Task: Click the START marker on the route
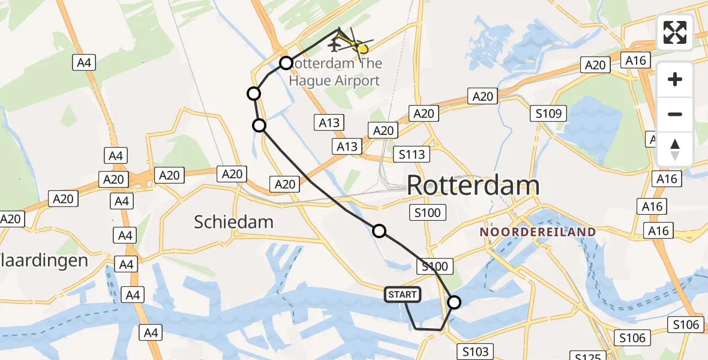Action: pos(403,295)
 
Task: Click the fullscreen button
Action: pos(675,32)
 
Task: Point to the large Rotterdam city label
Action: pos(473,185)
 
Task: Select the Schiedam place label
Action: pos(233,222)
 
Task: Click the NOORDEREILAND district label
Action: pos(538,232)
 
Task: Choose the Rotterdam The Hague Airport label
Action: pos(334,72)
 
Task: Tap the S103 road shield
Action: pos(476,351)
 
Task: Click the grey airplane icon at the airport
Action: pos(334,44)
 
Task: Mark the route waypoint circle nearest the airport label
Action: pos(286,63)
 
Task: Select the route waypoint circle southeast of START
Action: pos(454,302)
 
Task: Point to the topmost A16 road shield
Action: pos(635,60)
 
